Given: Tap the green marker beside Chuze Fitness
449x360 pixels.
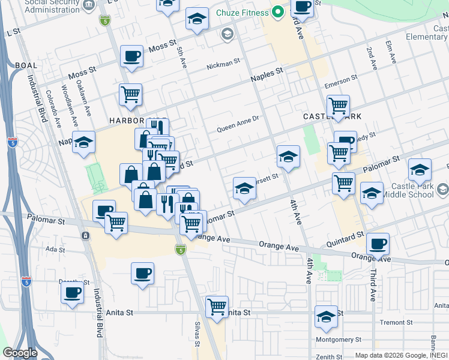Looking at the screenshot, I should [x=277, y=11].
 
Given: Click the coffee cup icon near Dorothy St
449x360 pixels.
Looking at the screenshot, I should [x=73, y=293].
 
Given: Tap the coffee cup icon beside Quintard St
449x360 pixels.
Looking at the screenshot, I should [x=378, y=244].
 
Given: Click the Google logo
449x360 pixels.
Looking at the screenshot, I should [x=20, y=353].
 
